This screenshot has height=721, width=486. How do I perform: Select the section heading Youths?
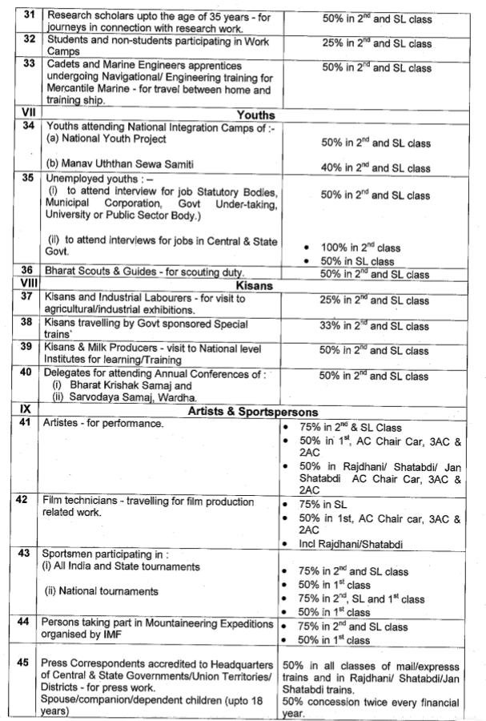point(256,115)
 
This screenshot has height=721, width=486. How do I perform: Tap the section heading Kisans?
point(255,285)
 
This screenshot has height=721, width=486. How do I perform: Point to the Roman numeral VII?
point(22,114)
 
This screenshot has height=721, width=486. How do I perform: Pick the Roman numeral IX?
point(22,410)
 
